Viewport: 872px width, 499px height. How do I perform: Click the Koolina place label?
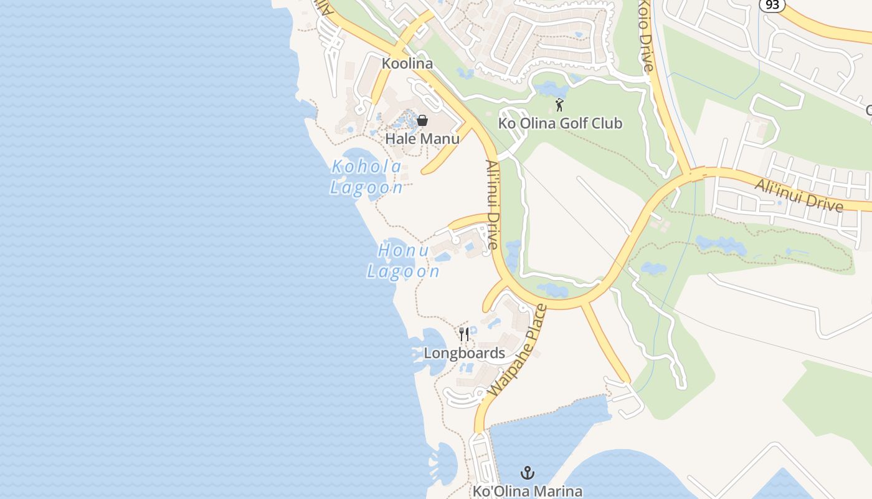coord(407,64)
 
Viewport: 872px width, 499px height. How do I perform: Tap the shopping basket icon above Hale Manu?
coord(422,120)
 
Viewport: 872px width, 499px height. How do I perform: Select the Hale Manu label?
coord(422,138)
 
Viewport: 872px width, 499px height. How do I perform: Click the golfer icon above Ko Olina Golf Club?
coord(559,105)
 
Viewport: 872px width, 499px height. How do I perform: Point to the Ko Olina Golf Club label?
coord(560,123)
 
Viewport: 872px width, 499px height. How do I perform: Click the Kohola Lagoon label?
coord(367,177)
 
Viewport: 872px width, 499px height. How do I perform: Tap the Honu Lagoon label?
coord(404,261)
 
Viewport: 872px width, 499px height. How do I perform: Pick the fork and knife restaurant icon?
coord(463,335)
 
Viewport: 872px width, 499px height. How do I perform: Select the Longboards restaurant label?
coord(464,353)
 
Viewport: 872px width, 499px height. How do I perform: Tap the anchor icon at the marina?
coord(528,472)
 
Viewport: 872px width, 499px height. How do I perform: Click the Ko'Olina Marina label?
coord(528,491)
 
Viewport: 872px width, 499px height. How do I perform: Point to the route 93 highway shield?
coord(772,4)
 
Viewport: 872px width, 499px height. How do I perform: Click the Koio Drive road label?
coord(646,36)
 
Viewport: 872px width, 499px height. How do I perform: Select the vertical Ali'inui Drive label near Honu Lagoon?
coord(492,205)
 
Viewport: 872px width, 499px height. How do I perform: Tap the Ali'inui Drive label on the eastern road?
coord(799,195)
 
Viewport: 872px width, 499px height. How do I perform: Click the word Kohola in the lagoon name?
coord(367,167)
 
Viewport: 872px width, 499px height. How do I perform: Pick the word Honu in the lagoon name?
coord(404,251)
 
